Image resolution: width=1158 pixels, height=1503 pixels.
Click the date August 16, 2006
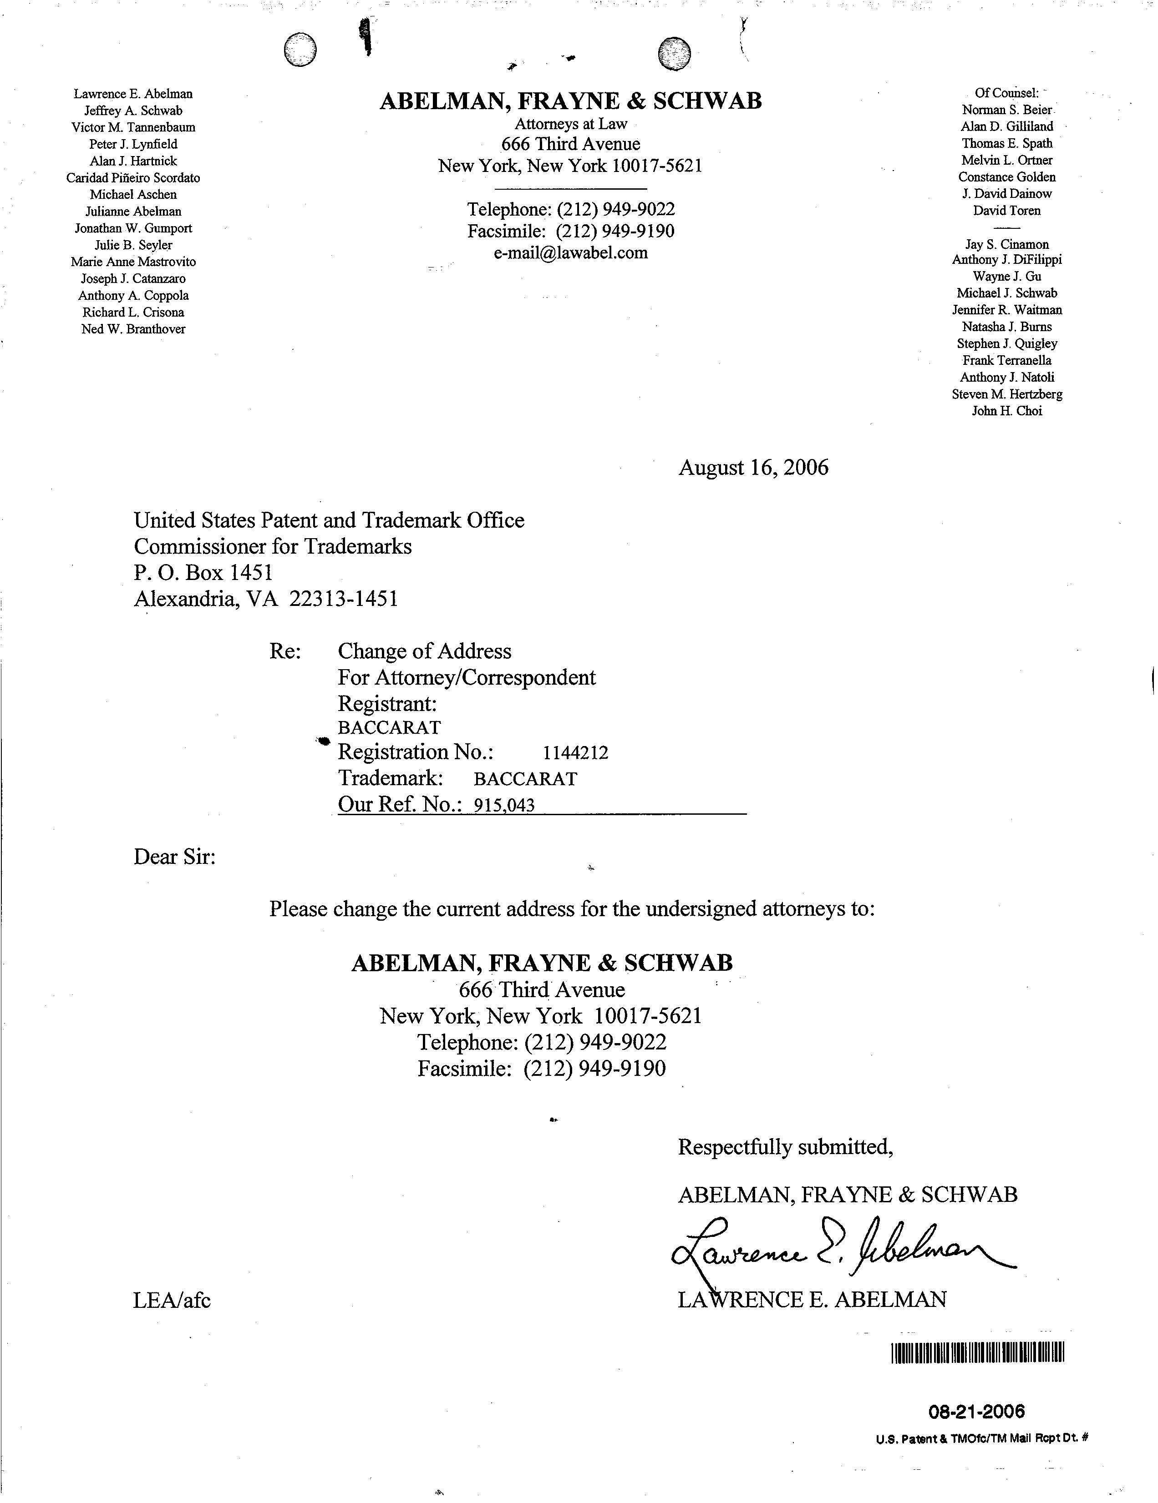coord(753,468)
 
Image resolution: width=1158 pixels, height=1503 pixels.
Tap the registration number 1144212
coord(575,753)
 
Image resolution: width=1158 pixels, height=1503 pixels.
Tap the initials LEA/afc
coord(172,1300)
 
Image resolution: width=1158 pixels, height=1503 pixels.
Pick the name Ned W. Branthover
coord(133,329)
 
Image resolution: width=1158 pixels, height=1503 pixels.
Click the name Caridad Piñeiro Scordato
coord(133,177)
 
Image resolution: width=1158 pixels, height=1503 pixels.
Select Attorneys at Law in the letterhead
coord(571,124)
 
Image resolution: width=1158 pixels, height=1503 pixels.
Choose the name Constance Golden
coord(1006,177)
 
